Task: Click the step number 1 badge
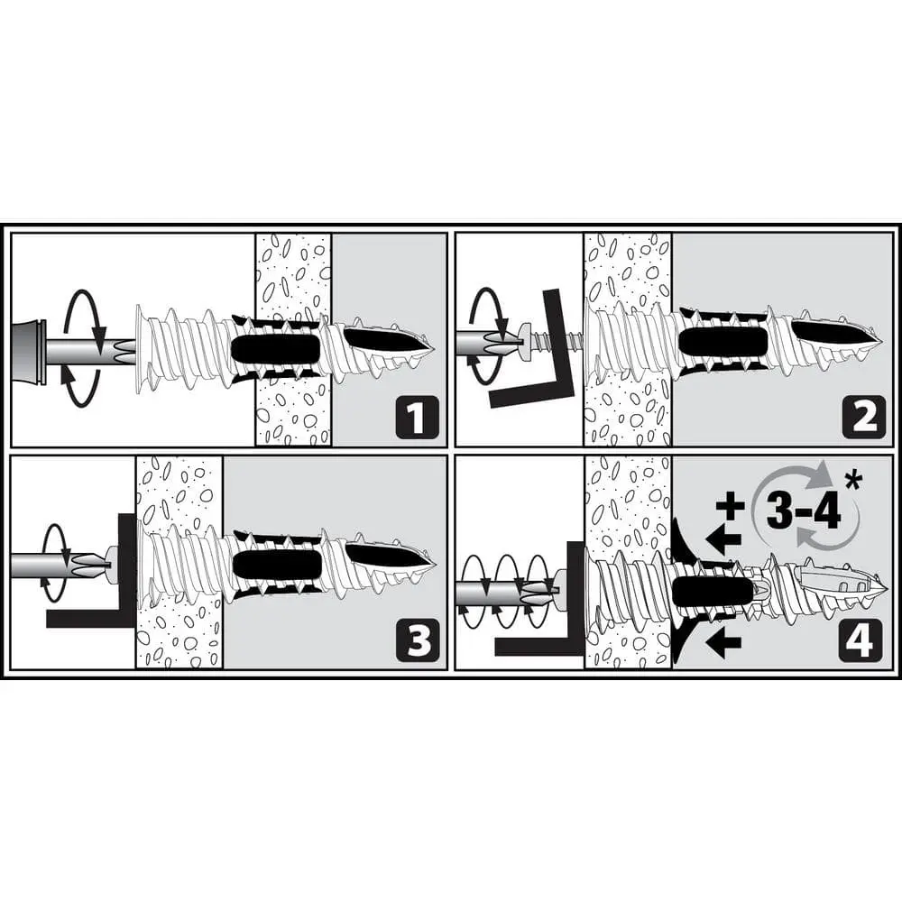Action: pos(417,417)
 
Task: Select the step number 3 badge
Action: pos(417,640)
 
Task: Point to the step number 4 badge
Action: pos(860,640)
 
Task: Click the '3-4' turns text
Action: pos(804,510)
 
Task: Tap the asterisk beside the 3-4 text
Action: pos(852,482)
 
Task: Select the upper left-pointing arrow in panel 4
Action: pos(723,540)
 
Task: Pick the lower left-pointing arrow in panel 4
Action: pos(723,642)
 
